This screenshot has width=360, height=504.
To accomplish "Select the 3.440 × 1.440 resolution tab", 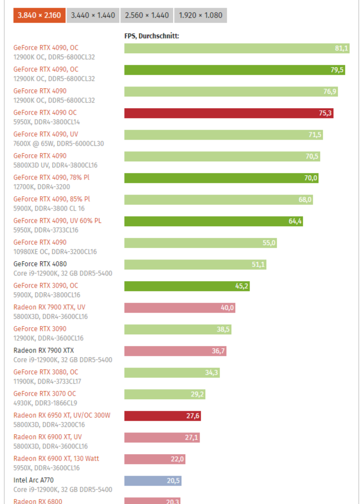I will pyautogui.click(x=93, y=16).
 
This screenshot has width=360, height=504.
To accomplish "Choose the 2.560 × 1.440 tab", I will pyautogui.click(x=146, y=16).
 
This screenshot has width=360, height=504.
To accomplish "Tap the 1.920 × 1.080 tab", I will pyautogui.click(x=200, y=16).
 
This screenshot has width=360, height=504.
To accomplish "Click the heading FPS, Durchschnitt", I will pyautogui.click(x=151, y=36).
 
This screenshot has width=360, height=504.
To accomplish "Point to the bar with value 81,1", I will pyautogui.click(x=236, y=48).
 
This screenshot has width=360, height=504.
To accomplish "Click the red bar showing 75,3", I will pyautogui.click(x=229, y=113).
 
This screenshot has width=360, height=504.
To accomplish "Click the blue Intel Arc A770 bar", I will pyautogui.click(x=153, y=481).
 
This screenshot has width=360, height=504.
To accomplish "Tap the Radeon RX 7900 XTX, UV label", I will pyautogui.click(x=50, y=307).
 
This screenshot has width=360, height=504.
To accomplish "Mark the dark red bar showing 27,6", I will pyautogui.click(x=162, y=416).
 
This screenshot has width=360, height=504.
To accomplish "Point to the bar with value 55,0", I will pyautogui.click(x=200, y=243).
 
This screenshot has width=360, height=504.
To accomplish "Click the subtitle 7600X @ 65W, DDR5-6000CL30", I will pyautogui.click(x=58, y=144).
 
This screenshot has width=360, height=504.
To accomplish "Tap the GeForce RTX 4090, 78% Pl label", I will pyautogui.click(x=51, y=177).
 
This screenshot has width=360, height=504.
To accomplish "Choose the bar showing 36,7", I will pyautogui.click(x=175, y=351).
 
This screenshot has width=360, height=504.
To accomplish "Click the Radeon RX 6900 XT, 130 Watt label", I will pyautogui.click(x=56, y=459).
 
